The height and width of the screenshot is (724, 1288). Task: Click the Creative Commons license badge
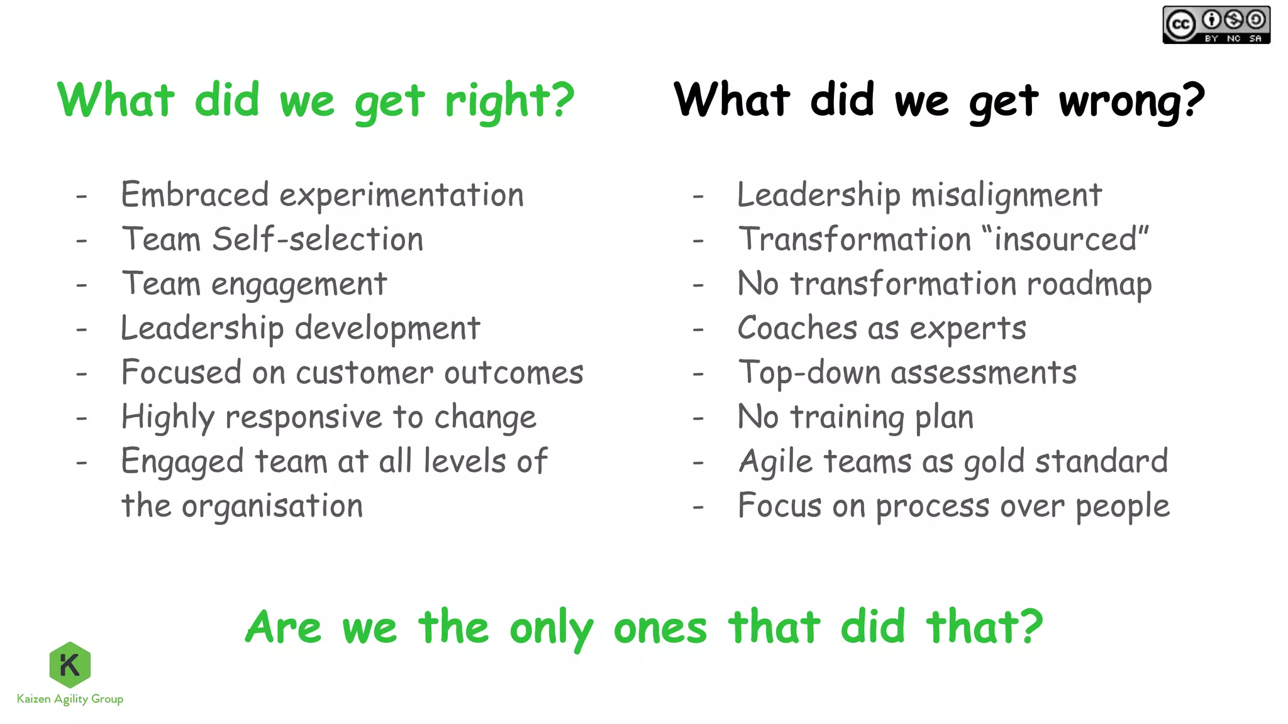click(x=1216, y=25)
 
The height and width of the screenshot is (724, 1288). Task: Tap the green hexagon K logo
click(x=70, y=664)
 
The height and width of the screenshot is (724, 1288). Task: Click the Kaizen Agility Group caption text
click(x=70, y=699)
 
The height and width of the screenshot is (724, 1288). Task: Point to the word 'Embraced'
click(x=195, y=195)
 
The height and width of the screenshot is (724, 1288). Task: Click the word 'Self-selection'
click(x=318, y=239)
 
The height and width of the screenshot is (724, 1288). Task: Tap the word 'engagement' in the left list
click(x=299, y=285)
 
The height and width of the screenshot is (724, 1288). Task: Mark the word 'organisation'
click(x=272, y=507)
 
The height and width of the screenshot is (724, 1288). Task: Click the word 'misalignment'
click(x=1006, y=195)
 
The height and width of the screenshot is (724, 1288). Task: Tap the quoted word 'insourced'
click(x=1065, y=240)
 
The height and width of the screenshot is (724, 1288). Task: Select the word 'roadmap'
click(x=1089, y=285)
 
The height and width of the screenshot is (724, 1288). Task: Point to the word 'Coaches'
click(x=797, y=329)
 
